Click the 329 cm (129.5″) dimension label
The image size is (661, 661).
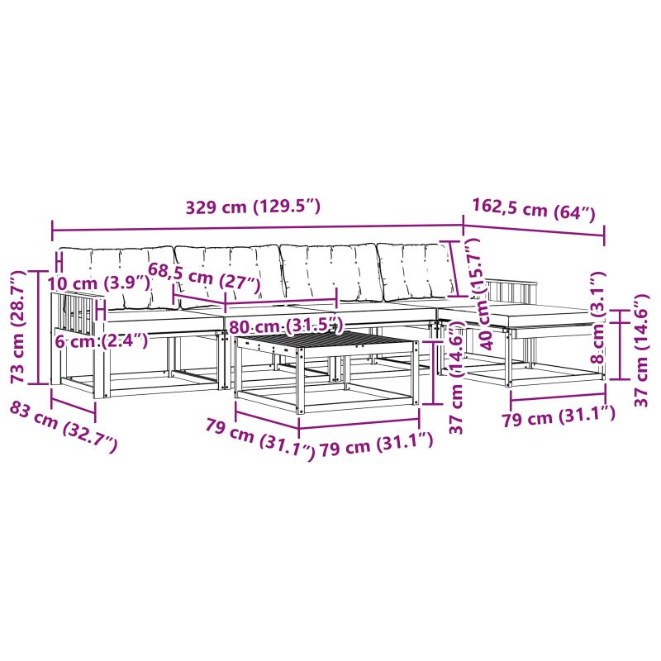254,207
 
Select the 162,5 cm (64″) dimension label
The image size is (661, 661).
534,210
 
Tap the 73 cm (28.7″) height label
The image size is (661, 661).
18,327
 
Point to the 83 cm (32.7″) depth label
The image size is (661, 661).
64,426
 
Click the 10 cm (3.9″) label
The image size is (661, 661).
98,283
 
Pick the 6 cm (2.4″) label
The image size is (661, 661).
102,340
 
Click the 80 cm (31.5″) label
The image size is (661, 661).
284,326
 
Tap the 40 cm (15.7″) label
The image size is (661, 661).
480,294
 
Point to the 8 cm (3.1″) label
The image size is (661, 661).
597,318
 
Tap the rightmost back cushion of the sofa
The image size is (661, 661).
417,271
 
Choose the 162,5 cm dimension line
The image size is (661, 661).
534,231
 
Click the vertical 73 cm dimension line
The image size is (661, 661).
38,327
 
